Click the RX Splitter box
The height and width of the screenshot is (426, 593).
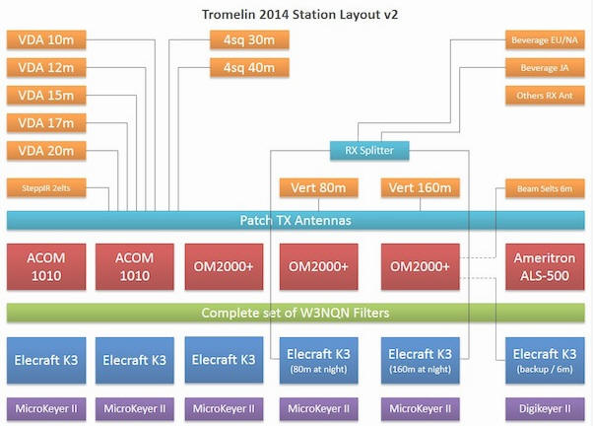coord(368,151)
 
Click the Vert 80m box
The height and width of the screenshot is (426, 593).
coord(318,188)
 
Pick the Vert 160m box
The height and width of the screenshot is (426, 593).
coord(421,188)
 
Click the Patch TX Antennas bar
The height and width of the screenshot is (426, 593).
coord(296,220)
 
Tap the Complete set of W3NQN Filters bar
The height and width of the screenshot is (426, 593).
coord(296,314)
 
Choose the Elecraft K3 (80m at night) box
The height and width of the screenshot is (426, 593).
coord(318,360)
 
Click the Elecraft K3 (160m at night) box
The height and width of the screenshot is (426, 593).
coord(421,360)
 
